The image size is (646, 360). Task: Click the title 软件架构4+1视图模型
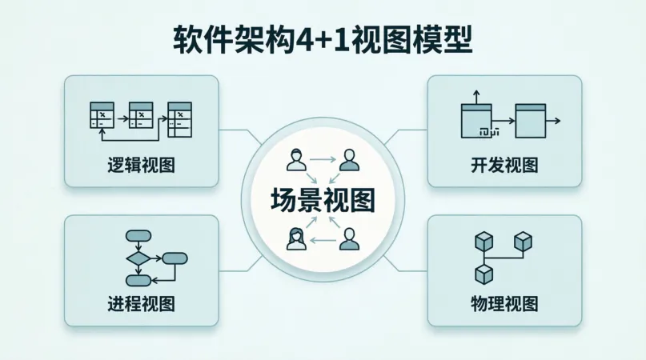pyautogui.click(x=323, y=39)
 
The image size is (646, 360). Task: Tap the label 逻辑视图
pyautogui.click(x=141, y=166)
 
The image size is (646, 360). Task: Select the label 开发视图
pyautogui.click(x=504, y=166)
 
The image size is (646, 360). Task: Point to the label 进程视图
pyautogui.click(x=141, y=304)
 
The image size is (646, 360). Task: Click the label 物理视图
pyautogui.click(x=504, y=304)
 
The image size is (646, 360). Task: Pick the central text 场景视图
pyautogui.click(x=323, y=200)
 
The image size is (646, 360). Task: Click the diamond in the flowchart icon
pyautogui.click(x=138, y=258)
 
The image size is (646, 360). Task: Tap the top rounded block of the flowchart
pyautogui.click(x=138, y=236)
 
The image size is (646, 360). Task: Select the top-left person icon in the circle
pyautogui.click(x=296, y=160)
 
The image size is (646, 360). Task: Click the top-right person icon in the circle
pyautogui.click(x=348, y=160)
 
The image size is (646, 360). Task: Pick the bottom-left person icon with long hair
pyautogui.click(x=296, y=238)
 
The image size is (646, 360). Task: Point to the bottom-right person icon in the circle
pyautogui.click(x=348, y=238)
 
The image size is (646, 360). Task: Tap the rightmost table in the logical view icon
pyautogui.click(x=179, y=118)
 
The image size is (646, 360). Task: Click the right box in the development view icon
pyautogui.click(x=529, y=121)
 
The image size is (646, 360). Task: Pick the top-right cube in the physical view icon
pyautogui.click(x=523, y=240)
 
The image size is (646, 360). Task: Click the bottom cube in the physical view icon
pyautogui.click(x=483, y=274)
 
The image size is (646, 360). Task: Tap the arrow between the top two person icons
pyautogui.click(x=323, y=160)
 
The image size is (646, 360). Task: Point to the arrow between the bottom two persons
pyautogui.click(x=323, y=239)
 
